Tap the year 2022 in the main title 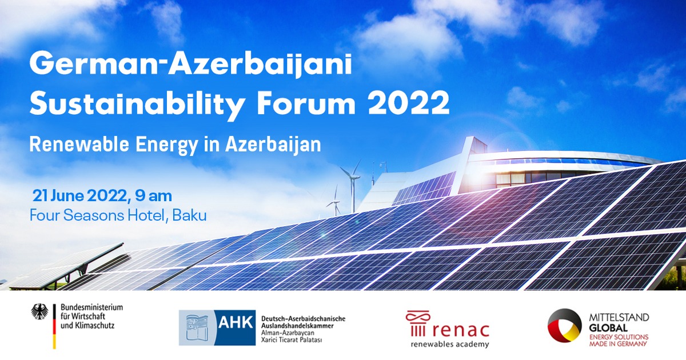409,103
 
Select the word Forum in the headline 306,103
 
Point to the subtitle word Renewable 79,145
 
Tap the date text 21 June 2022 79,196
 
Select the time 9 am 153,196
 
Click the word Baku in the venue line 190,215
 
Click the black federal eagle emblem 39,311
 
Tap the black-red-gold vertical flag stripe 54,326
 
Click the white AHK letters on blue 236,322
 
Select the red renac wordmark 461,331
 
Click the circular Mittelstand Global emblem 564,325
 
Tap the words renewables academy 450,345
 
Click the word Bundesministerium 91,307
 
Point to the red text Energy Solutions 619,337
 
